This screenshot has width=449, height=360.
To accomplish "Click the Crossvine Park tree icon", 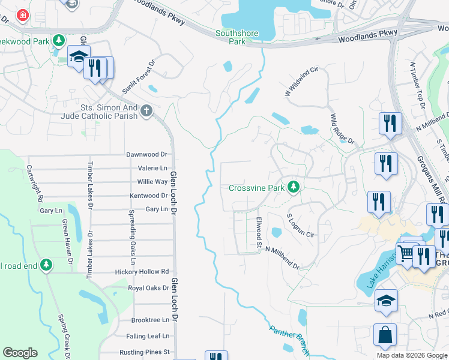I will [293, 188].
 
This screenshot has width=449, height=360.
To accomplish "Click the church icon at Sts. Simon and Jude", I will [147, 111].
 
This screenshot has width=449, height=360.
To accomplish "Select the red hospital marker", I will [23, 15].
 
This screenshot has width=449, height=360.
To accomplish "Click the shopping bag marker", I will [385, 335].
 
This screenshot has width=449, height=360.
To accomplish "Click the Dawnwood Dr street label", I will [146, 154].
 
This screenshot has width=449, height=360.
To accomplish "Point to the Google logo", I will [20, 353].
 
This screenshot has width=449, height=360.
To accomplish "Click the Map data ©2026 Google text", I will [411, 355].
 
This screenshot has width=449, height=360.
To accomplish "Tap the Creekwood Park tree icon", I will [59, 40].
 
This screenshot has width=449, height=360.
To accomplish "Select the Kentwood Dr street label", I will [148, 196].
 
